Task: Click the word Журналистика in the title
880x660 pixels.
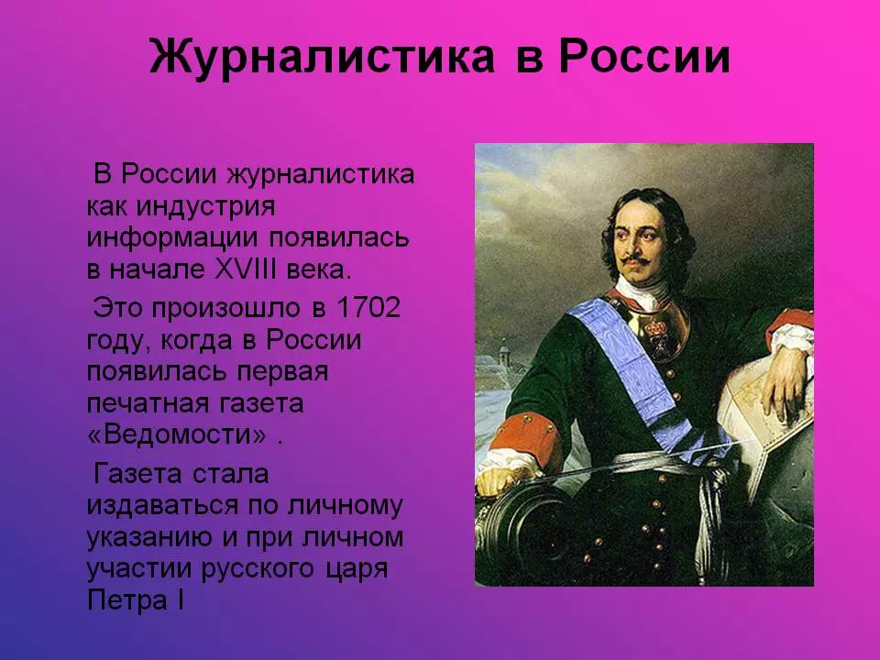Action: click(x=322, y=57)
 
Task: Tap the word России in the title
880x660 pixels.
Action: click(x=644, y=57)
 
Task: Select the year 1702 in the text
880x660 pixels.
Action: click(x=368, y=308)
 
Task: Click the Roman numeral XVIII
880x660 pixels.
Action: click(x=246, y=269)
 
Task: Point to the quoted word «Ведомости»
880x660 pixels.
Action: click(x=177, y=434)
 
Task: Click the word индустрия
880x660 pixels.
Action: click(x=206, y=207)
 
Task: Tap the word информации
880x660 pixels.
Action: click(x=172, y=238)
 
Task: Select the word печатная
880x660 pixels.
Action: click(x=147, y=403)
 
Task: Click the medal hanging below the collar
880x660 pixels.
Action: click(x=656, y=335)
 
